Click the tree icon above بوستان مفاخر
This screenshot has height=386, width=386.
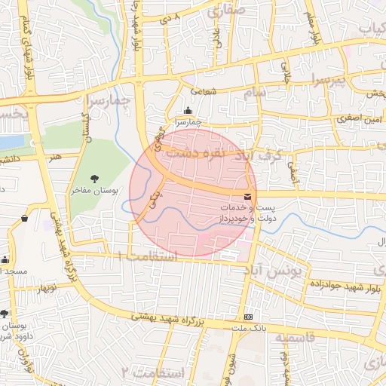[x=93, y=178]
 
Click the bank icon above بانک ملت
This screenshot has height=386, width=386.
[x=248, y=317]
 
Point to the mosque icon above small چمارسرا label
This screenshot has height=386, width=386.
[x=187, y=111]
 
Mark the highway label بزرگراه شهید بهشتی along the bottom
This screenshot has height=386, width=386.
[x=166, y=318]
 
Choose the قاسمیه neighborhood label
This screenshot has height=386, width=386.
[x=291, y=339]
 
